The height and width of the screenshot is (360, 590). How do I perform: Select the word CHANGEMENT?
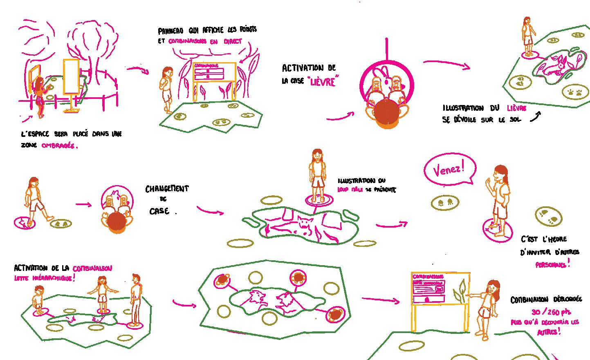click(167, 189)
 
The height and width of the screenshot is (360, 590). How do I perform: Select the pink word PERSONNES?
click(552, 265)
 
